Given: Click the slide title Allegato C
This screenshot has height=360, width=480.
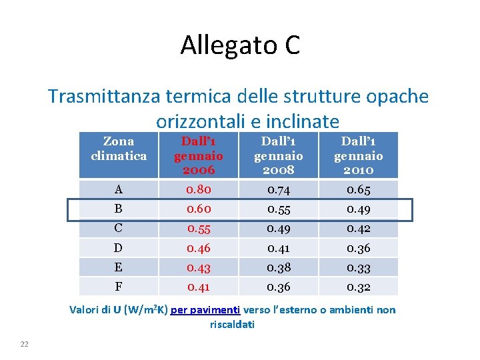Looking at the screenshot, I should (240, 45).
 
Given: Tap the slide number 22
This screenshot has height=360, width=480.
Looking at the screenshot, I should (25, 343).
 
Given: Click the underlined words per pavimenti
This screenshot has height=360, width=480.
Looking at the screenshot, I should (205, 310).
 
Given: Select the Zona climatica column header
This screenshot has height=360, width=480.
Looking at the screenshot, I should (119, 149).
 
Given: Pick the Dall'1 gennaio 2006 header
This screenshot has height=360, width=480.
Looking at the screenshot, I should (198, 156).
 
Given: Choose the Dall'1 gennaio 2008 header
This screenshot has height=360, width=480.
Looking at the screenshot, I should (278, 156).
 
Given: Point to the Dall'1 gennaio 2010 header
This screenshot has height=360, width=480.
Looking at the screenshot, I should (358, 156).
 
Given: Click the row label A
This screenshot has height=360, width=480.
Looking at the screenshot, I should (118, 190).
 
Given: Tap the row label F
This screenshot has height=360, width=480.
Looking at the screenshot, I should (118, 287).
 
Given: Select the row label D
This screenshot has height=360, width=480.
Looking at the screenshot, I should (118, 249).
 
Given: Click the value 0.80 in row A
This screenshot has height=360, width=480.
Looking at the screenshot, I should (199, 190).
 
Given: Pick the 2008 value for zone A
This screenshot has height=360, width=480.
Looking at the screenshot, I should (278, 190).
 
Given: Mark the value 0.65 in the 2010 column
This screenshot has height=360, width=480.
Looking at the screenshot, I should (359, 190).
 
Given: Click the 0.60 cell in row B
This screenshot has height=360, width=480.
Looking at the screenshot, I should (199, 209).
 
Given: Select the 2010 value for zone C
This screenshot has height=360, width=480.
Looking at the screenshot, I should (359, 229).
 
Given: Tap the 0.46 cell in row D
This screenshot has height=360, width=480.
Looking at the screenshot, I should (199, 249).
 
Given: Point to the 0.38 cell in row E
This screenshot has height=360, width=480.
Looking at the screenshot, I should (278, 268).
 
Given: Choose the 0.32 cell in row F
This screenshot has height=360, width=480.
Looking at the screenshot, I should (359, 287).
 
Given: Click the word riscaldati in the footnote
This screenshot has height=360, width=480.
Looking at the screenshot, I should (232, 325).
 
